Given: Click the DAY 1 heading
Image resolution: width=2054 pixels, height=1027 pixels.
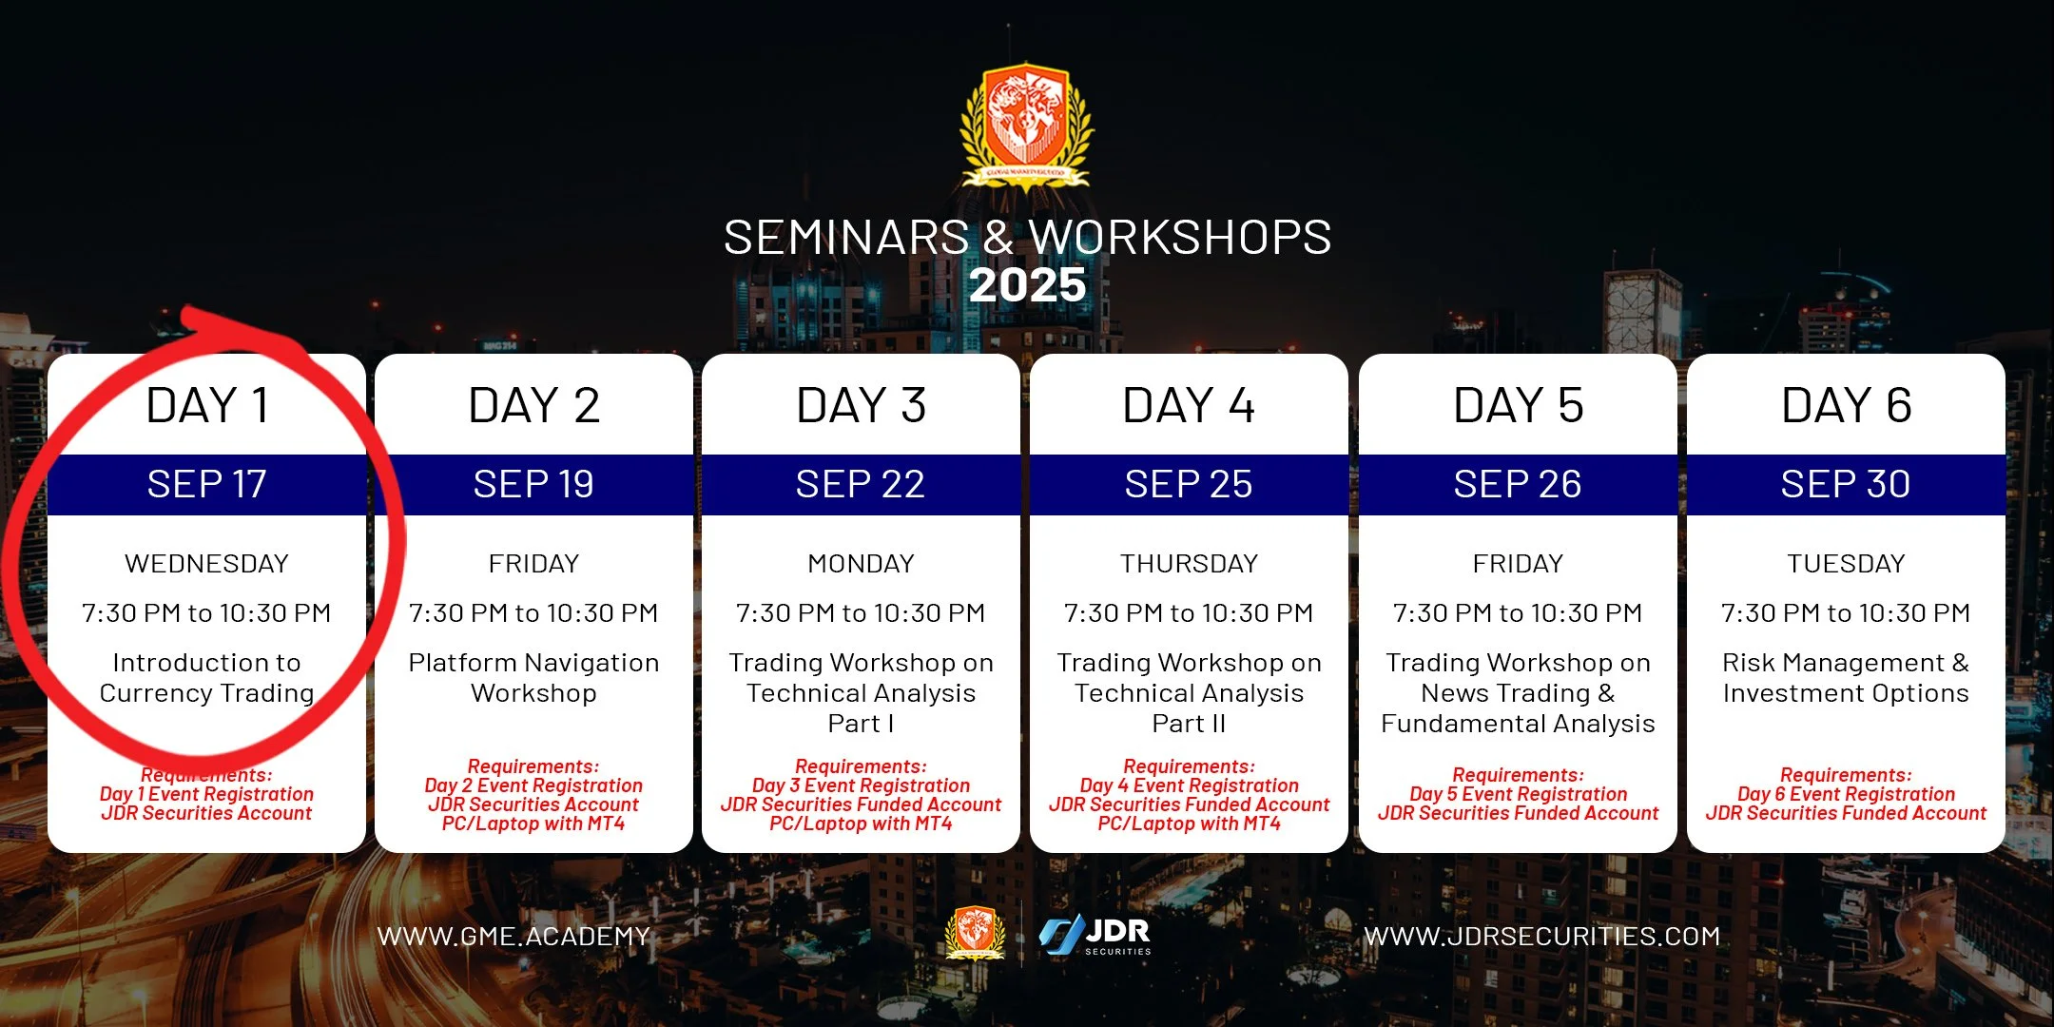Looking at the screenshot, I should click(207, 406).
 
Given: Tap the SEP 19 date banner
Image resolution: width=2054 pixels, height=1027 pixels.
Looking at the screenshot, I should click(533, 485).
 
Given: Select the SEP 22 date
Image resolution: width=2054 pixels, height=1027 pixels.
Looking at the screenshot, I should click(861, 485).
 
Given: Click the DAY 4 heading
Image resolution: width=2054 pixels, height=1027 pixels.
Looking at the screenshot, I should click(1189, 406).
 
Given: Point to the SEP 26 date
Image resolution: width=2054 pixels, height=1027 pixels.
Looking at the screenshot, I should click(1518, 485).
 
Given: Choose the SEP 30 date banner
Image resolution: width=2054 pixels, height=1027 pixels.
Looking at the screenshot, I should click(1846, 485).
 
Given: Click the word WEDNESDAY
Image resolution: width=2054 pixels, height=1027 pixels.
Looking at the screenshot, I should click(206, 564).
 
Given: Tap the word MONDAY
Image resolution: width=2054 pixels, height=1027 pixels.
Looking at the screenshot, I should click(861, 564).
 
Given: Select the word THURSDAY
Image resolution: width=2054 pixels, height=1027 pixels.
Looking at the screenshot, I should click(1189, 564).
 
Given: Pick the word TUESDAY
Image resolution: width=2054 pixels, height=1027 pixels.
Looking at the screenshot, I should click(1846, 564).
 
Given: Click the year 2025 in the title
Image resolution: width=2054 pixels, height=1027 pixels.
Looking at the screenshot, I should click(1027, 285).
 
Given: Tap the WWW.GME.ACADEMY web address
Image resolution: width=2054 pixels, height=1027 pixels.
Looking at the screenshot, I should click(513, 937).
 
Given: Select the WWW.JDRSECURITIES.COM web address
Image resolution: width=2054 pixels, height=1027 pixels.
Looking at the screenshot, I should click(1542, 937).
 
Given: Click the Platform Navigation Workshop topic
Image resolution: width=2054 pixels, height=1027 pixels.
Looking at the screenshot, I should click(533, 678).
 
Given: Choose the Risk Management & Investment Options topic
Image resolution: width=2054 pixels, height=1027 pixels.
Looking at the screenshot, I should click(1846, 678).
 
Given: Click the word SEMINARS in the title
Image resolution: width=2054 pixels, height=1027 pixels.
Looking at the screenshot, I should click(845, 238).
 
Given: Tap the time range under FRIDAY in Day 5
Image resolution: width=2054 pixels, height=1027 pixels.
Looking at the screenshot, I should click(1518, 613).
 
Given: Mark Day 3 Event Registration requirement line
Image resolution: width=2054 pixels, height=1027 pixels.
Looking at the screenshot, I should click(861, 785).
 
